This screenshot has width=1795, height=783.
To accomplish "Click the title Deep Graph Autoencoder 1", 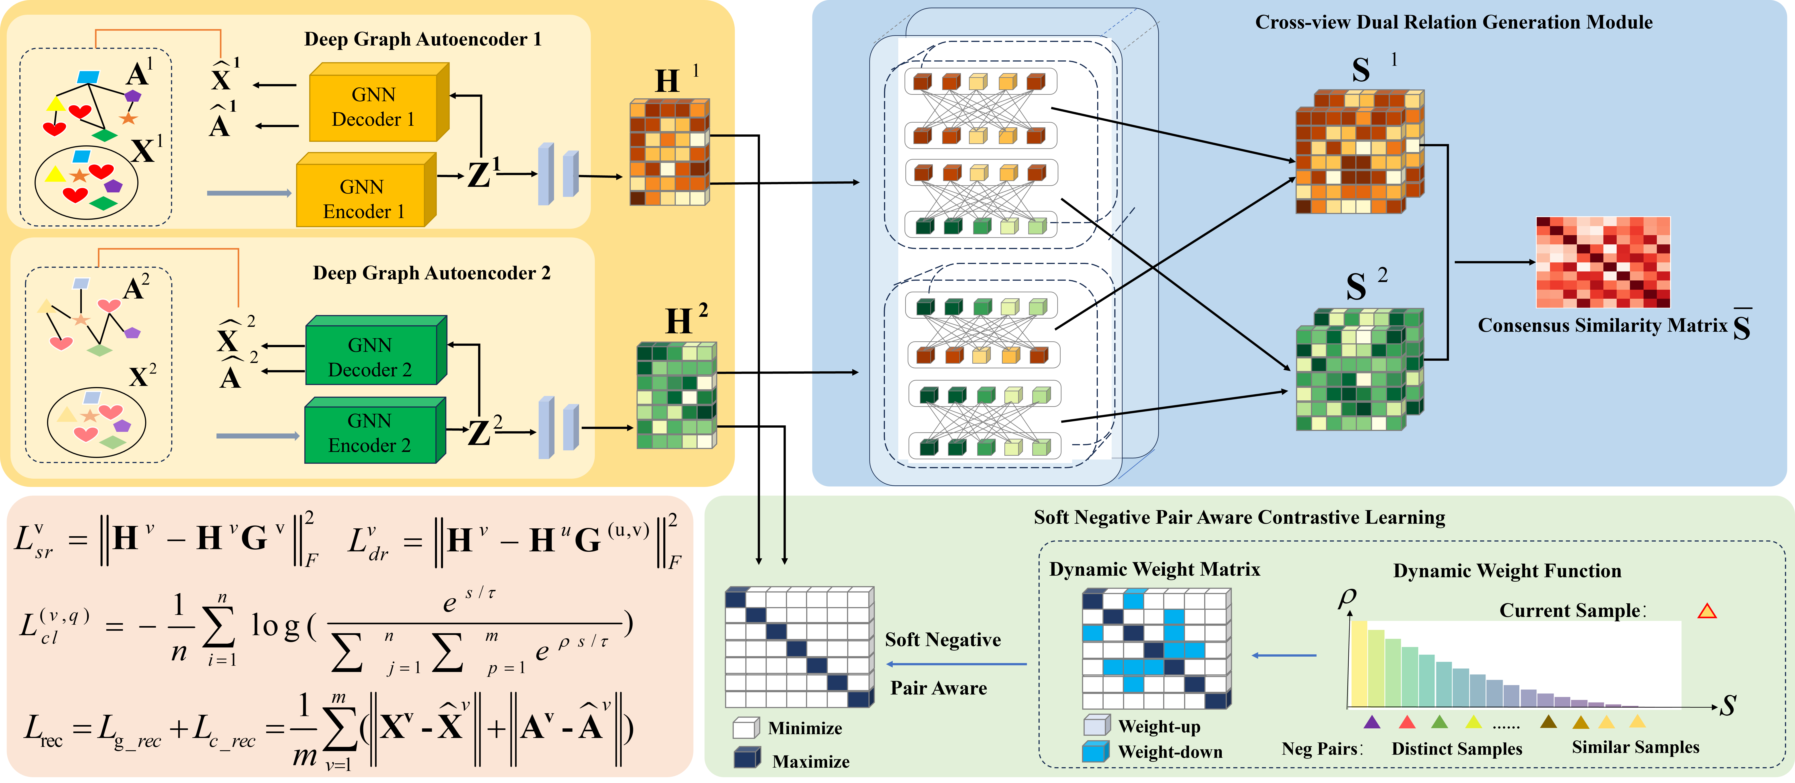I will tap(422, 39).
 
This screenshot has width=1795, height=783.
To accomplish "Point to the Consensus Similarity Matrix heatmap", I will tap(1603, 262).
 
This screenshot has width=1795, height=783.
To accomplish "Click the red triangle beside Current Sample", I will tap(1706, 611).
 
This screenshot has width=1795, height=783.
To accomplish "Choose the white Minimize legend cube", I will tap(746, 728).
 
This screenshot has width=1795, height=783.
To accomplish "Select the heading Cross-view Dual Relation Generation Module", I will tap(1454, 22).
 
